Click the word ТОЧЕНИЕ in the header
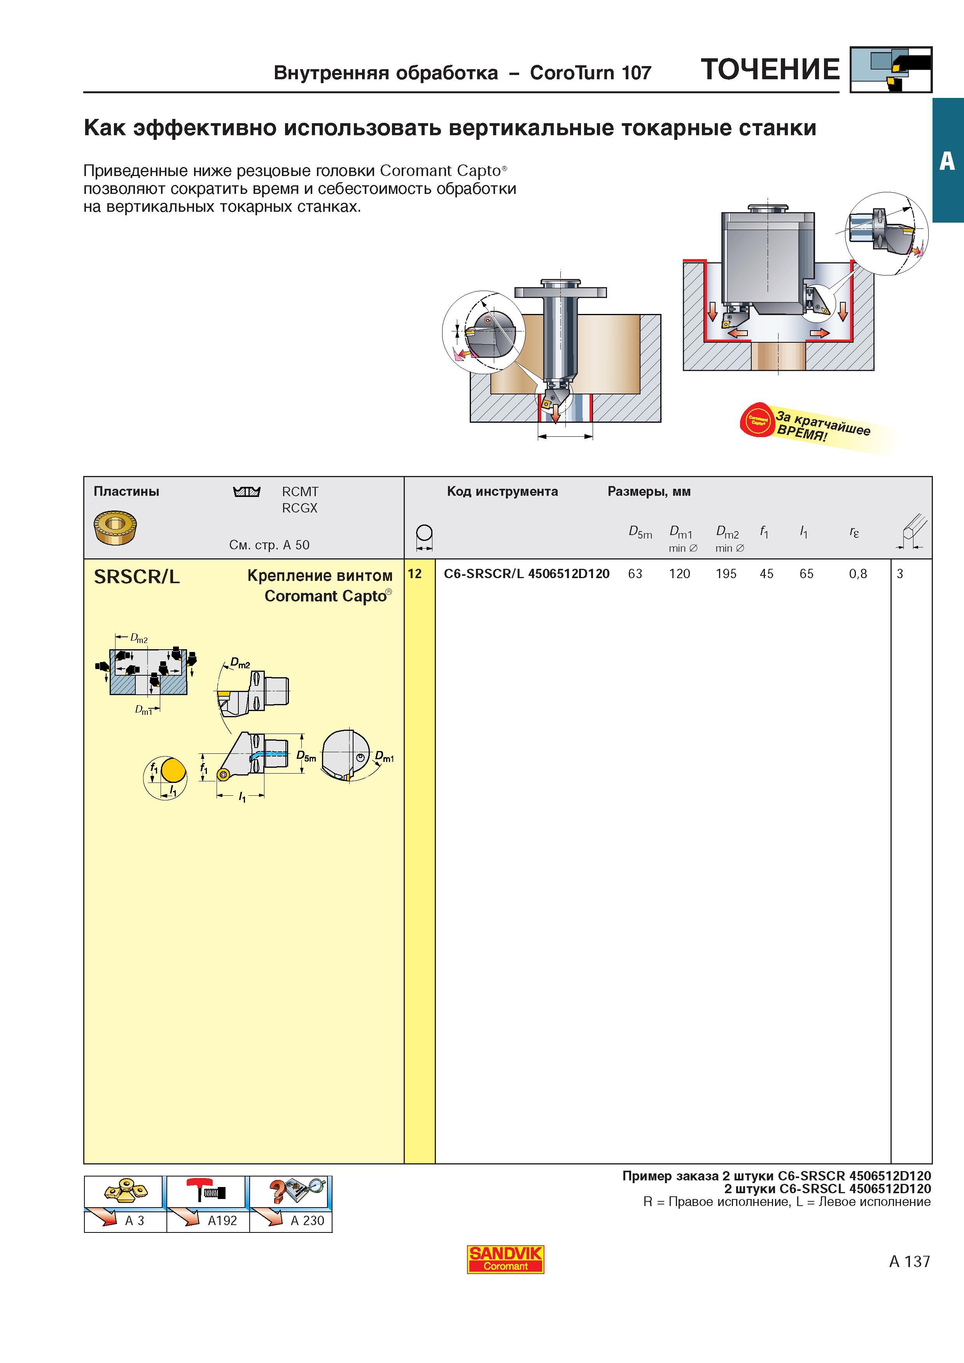(x=770, y=70)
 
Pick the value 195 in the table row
(x=726, y=573)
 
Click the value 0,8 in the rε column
(x=858, y=573)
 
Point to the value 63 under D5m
(x=635, y=573)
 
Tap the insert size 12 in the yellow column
(x=415, y=573)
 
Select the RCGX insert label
(x=300, y=508)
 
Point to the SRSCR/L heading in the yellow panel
(x=136, y=577)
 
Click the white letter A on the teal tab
(x=947, y=161)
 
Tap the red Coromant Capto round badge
(x=757, y=420)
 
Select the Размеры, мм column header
(x=649, y=492)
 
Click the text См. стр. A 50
(x=269, y=545)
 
